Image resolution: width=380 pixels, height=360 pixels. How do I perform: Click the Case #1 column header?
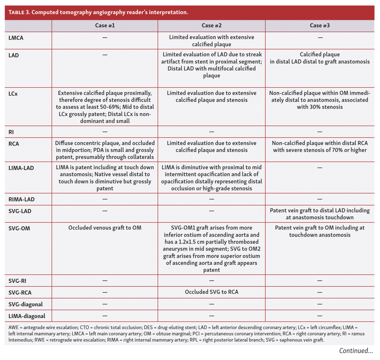tap(105, 25)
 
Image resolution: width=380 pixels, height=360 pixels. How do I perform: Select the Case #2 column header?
tap(211, 25)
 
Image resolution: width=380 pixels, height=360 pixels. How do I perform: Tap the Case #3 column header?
tap(319, 25)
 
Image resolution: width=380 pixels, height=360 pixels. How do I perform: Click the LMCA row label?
tap(16, 38)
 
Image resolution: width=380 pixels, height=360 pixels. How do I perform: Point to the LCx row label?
tap(13, 94)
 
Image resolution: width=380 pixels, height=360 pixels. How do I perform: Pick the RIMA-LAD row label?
tap(21, 199)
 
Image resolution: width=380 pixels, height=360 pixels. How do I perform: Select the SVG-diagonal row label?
tap(25, 304)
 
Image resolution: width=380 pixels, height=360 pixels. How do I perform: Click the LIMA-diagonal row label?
tap(27, 316)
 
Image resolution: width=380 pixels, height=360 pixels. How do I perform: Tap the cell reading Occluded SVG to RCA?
tap(211, 292)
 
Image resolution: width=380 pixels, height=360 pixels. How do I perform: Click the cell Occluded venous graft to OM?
tap(105, 228)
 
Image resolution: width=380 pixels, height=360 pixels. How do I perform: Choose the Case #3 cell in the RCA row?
tap(319, 147)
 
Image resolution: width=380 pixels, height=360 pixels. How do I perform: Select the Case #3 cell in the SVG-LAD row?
tap(319, 214)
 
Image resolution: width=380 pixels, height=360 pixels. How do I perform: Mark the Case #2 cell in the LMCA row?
tap(211, 41)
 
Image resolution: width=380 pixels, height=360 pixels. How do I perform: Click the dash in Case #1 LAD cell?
tap(105, 55)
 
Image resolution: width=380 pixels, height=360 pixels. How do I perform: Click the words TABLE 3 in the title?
tap(19, 12)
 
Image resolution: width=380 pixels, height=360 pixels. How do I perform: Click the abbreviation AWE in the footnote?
tap(13, 328)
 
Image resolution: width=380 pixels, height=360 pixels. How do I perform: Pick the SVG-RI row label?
tap(17, 281)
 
